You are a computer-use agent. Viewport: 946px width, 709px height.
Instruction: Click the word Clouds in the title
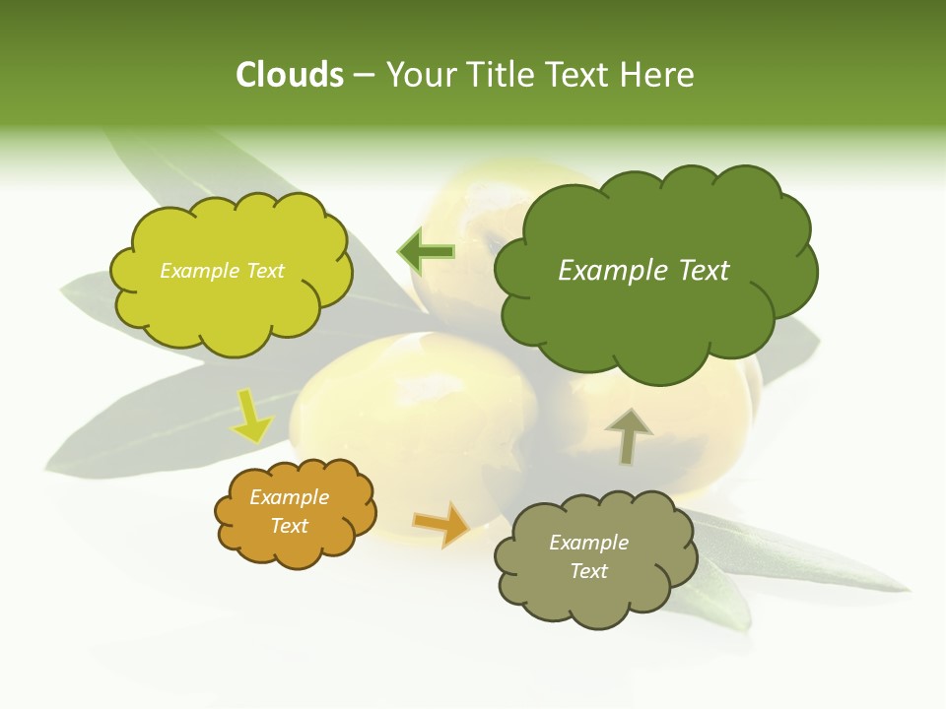tap(290, 75)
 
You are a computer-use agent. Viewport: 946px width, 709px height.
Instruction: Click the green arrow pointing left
tap(426, 252)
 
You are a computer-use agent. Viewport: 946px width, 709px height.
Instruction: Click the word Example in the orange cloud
tap(289, 497)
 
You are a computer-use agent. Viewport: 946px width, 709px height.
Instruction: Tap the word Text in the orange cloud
tap(289, 526)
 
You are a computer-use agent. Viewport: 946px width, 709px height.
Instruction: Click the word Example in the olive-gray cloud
tap(588, 543)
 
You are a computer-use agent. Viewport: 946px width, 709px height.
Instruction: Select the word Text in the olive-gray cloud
tap(588, 571)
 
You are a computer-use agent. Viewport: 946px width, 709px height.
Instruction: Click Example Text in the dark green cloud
tap(643, 271)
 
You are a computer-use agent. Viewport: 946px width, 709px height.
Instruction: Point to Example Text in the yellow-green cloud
tap(222, 271)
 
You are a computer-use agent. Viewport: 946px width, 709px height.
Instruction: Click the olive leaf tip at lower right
tap(902, 588)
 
